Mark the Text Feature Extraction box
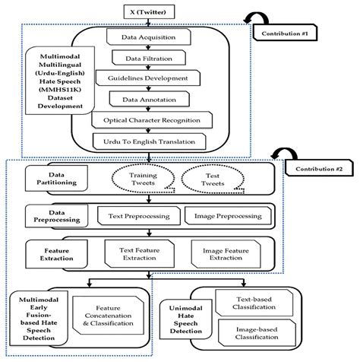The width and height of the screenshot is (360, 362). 137,253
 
